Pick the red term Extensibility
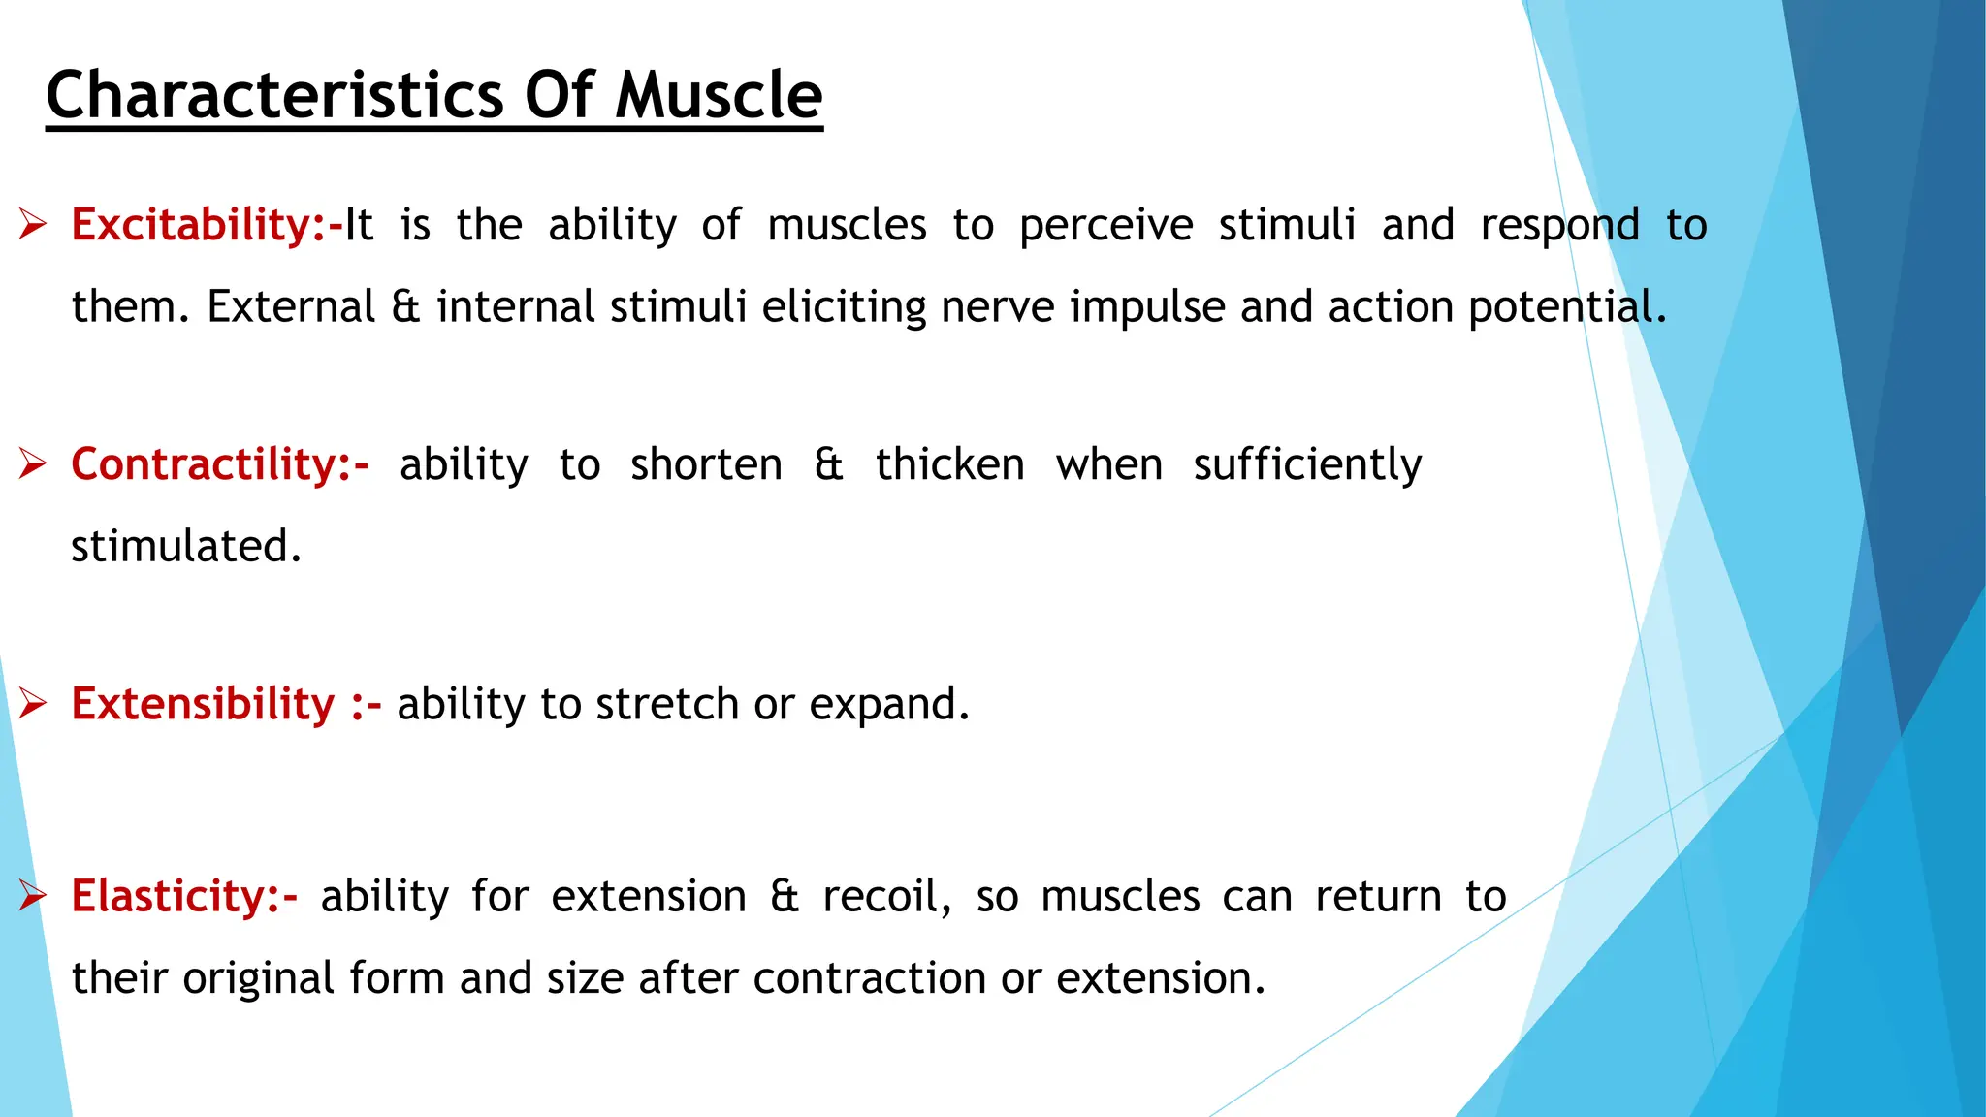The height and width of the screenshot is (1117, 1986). pos(203,703)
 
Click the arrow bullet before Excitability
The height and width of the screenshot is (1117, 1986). pos(32,225)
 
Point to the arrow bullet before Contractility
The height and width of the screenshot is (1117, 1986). pos(32,464)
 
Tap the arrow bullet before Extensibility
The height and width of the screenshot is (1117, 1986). pos(32,703)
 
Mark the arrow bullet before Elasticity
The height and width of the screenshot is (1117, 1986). pos(32,896)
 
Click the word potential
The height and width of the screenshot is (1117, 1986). pos(1565,307)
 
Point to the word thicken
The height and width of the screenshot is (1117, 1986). pos(949,464)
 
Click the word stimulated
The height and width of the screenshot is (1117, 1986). pos(185,546)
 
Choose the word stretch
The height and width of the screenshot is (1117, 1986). pos(667,704)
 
